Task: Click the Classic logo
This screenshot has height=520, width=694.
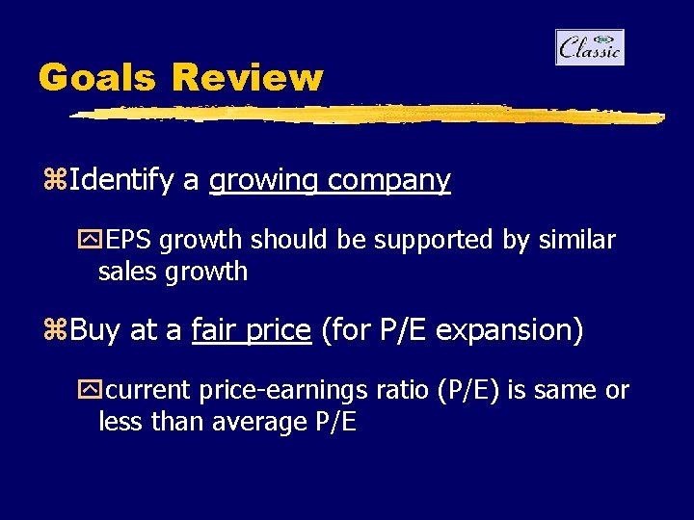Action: click(589, 47)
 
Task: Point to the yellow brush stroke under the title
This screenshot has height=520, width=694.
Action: click(366, 115)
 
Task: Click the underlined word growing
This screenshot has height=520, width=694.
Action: click(263, 181)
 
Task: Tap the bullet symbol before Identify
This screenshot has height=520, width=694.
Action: click(55, 181)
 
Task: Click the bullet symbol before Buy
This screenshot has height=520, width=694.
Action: click(55, 331)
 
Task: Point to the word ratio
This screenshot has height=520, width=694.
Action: click(399, 390)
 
